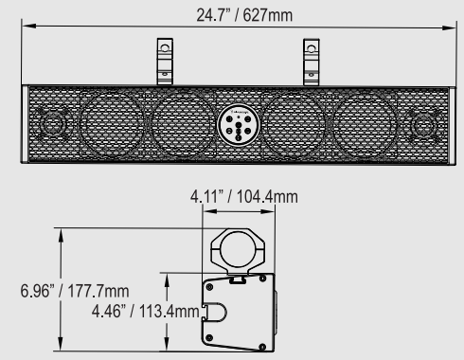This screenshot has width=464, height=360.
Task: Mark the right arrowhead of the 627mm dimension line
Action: pyautogui.click(x=446, y=33)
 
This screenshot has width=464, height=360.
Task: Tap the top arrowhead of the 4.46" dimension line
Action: pyautogui.click(x=167, y=277)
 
